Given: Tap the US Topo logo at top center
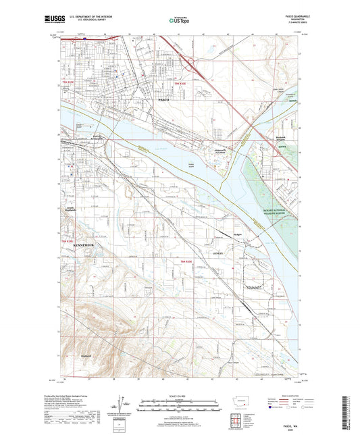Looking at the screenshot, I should click(x=179, y=20).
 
